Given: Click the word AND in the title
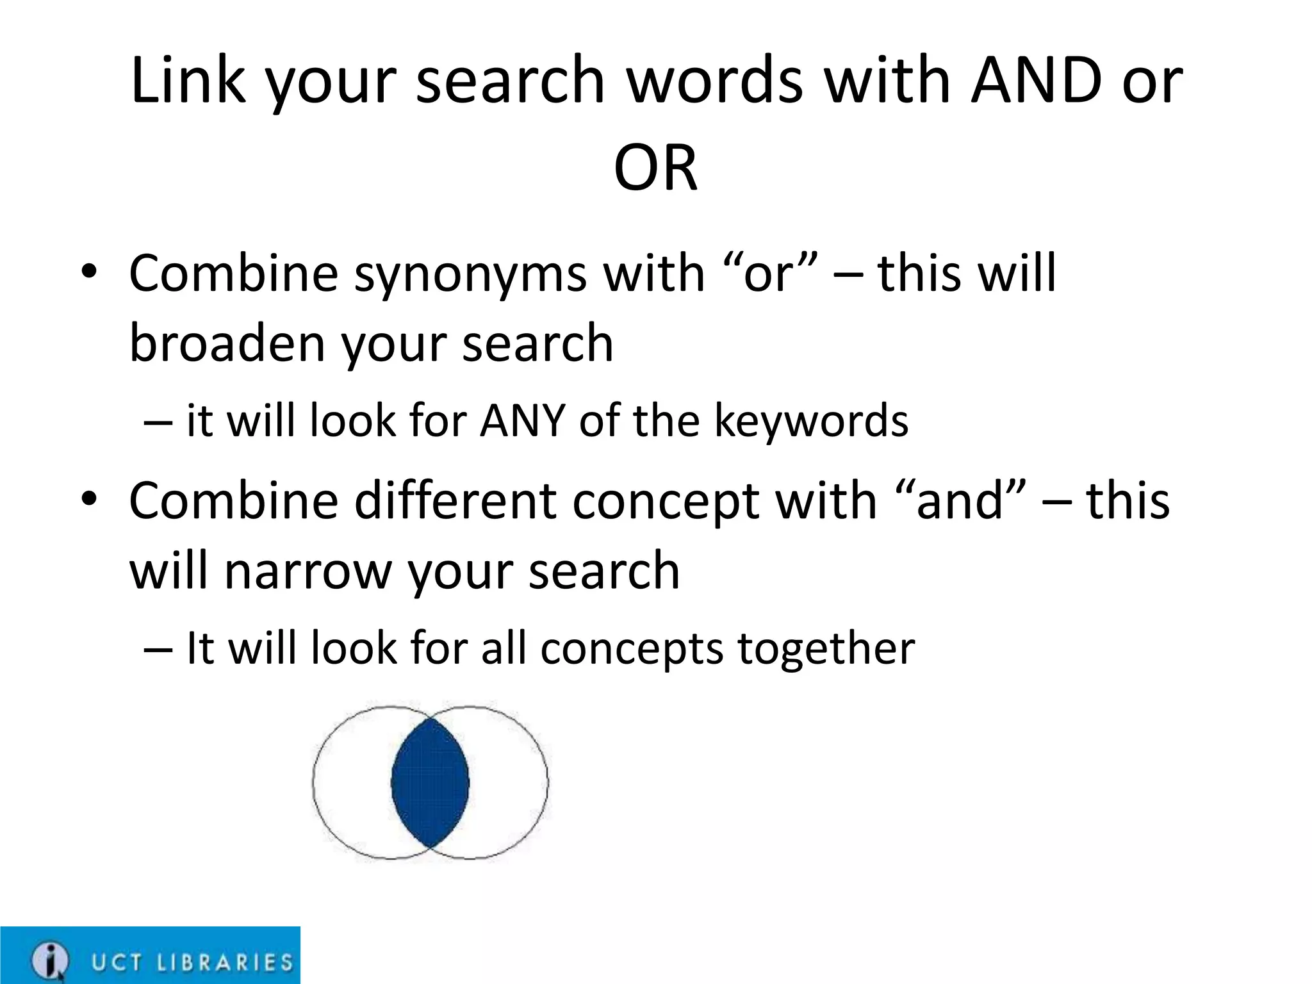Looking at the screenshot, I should tap(1036, 81).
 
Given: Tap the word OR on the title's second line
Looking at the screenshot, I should tap(655, 168).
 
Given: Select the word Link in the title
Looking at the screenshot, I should tap(188, 81).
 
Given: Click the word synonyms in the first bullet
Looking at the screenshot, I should tap(470, 274).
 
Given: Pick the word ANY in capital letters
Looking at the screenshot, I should tap(522, 421).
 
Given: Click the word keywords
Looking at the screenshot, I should tap(810, 422).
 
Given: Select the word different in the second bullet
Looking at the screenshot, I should tap(454, 501).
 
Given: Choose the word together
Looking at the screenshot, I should tap(826, 650).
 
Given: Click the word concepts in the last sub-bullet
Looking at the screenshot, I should tap(631, 650).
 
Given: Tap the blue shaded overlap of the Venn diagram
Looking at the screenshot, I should tap(430, 782).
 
